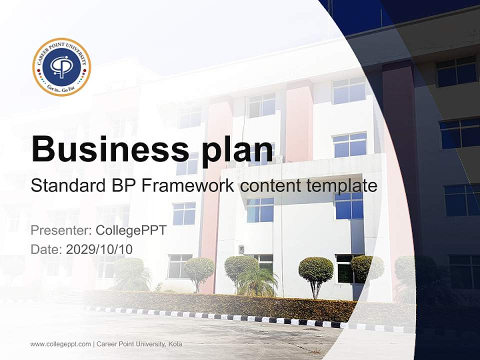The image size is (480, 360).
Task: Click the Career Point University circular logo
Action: click(61, 66)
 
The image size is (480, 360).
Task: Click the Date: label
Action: click(46, 249)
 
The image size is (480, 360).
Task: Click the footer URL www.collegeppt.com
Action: click(60, 344)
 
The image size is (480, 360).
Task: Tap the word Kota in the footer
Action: click(175, 344)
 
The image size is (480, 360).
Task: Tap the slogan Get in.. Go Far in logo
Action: click(61, 86)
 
